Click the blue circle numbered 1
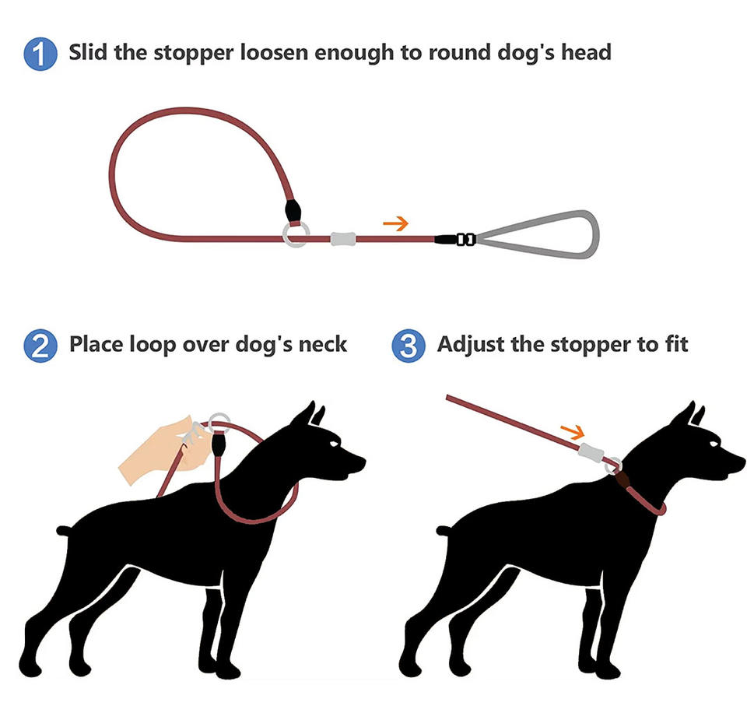coord(40,54)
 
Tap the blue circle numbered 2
coord(40,346)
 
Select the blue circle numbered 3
coord(409,346)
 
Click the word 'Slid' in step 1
coord(88,52)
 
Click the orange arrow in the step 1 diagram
coord(396,223)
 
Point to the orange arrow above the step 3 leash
coord(573,432)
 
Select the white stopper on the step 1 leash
coord(343,239)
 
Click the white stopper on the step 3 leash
coord(591,451)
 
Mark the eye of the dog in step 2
coord(335,444)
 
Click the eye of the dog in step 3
coord(714,444)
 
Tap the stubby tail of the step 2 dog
coord(63,530)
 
